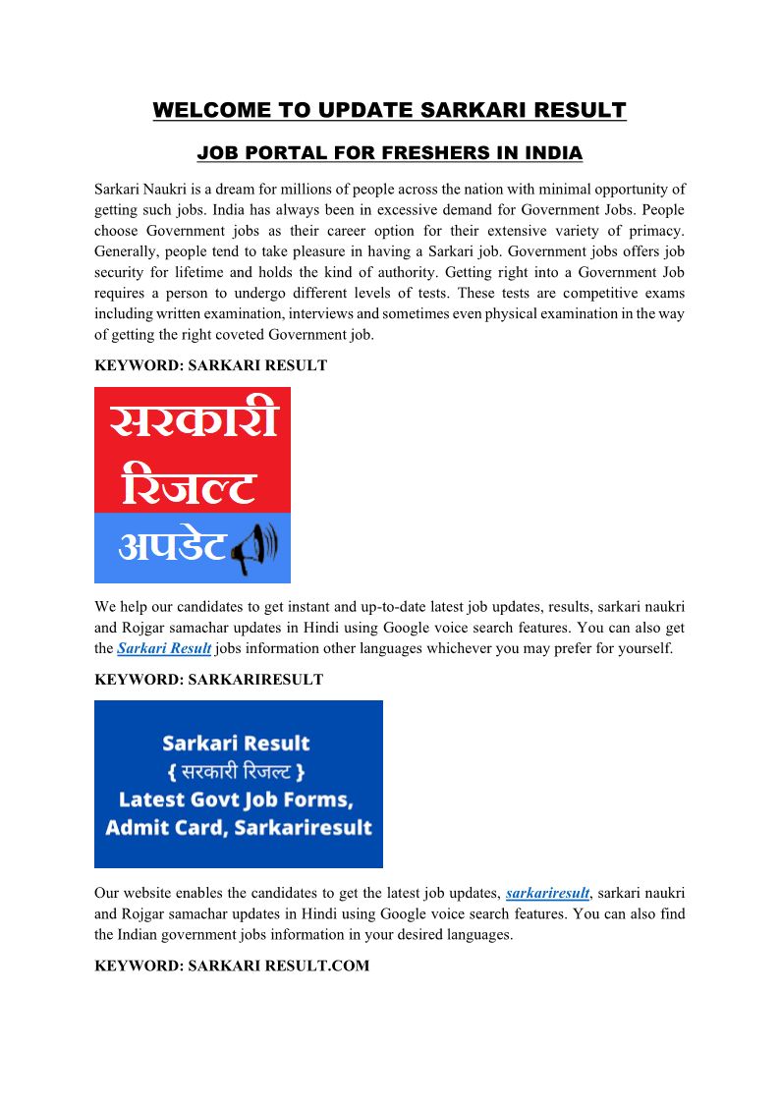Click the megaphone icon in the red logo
coord(254,549)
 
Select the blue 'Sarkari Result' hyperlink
coord(164,648)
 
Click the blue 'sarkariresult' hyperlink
coord(547,893)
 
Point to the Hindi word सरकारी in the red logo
coord(193,423)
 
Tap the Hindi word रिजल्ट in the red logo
coord(190,485)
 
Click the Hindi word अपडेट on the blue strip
coord(172,547)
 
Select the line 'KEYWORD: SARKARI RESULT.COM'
coord(232,966)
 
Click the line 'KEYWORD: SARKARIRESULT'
coord(208,680)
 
